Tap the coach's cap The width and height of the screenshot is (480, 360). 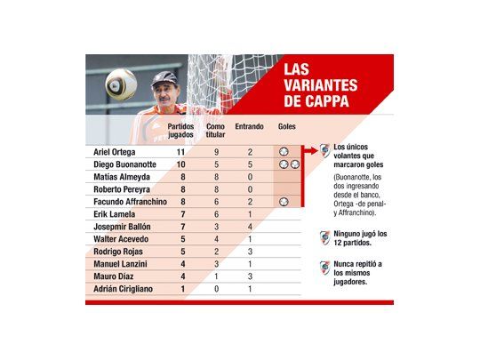(x=164, y=79)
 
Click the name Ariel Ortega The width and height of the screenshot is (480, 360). (x=113, y=152)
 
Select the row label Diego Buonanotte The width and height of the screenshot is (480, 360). (x=123, y=164)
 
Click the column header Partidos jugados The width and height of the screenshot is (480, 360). (x=181, y=132)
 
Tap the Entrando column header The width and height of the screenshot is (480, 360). (x=249, y=127)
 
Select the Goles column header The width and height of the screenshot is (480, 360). (x=286, y=127)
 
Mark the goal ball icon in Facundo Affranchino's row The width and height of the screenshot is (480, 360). (x=284, y=202)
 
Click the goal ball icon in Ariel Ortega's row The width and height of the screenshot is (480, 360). (x=284, y=152)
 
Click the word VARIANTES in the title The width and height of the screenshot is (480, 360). (x=318, y=85)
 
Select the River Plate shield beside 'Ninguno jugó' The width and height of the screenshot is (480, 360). (x=324, y=237)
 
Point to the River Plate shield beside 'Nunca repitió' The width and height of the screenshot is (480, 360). (x=324, y=268)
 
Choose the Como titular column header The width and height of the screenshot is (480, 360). (x=216, y=132)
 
